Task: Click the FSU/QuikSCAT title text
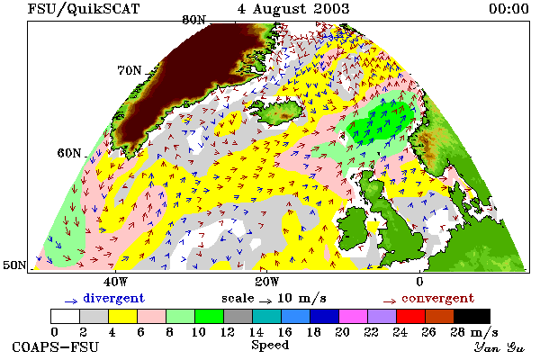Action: [84, 9]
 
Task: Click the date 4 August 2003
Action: [293, 9]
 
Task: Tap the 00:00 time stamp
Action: [508, 9]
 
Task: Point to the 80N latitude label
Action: [193, 20]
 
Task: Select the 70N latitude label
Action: [130, 70]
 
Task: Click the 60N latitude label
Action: [69, 153]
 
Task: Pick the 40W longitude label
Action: [115, 282]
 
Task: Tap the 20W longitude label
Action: [267, 282]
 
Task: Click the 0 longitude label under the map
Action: [419, 282]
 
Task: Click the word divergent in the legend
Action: [113, 298]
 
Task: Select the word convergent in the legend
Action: [437, 298]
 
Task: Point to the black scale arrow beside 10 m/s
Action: [265, 301]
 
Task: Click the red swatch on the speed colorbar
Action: [410, 316]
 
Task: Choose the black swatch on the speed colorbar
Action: [472, 316]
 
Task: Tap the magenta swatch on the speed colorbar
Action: [354, 316]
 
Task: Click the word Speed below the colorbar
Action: [270, 345]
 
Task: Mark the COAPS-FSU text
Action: [56, 346]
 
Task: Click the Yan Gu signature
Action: [499, 347]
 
